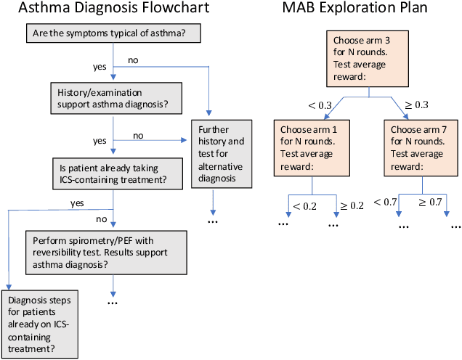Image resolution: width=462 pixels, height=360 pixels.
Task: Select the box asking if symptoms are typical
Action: click(113, 33)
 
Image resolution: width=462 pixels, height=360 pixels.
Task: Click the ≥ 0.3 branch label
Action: click(420, 106)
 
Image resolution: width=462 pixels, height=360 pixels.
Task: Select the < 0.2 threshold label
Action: click(305, 206)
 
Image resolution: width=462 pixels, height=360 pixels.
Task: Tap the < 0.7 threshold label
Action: click(384, 202)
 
